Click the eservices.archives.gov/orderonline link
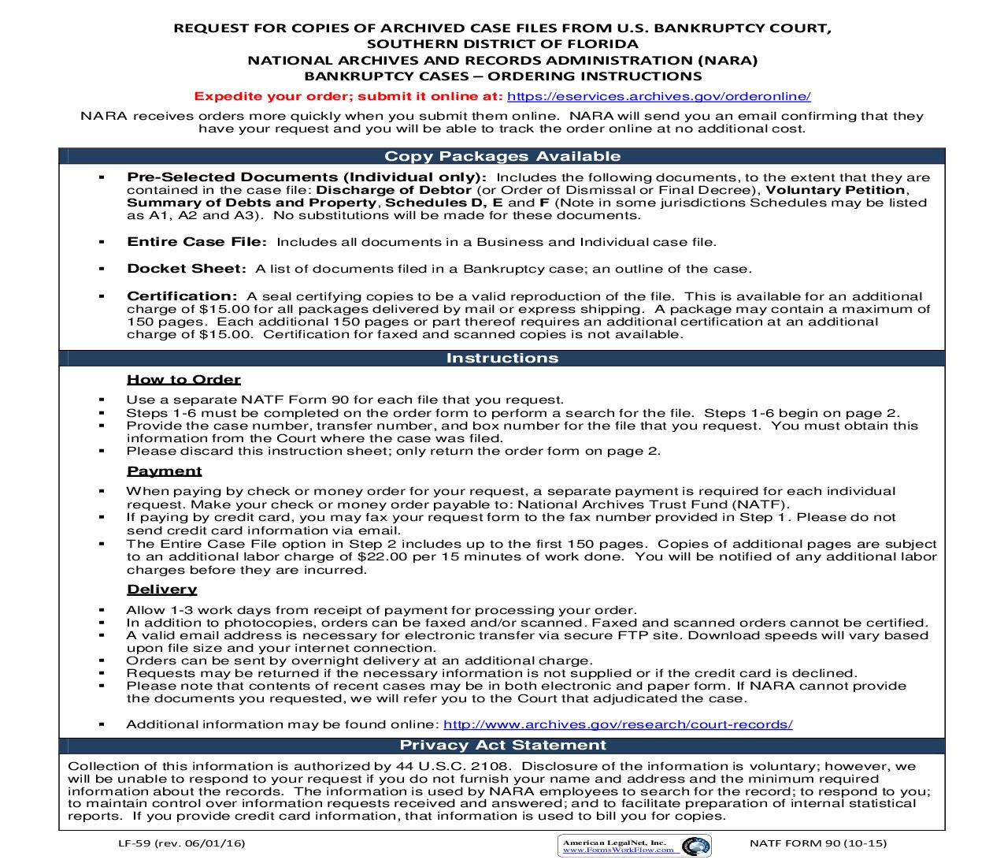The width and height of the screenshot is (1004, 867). [x=658, y=96]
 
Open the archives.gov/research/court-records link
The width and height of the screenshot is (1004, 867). [x=617, y=724]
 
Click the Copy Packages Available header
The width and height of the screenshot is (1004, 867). [x=502, y=157]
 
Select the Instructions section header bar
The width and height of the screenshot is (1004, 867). [x=502, y=358]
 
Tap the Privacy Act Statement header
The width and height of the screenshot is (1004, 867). [x=502, y=745]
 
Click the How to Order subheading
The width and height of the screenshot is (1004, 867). [x=183, y=379]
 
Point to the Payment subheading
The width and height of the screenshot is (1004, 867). [x=165, y=471]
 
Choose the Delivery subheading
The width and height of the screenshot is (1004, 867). [x=161, y=589]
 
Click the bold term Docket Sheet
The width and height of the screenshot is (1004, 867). [x=186, y=269]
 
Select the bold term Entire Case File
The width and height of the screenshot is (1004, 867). [x=196, y=242]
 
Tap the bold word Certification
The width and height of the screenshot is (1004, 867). [x=182, y=296]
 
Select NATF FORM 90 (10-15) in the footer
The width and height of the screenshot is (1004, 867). [x=819, y=843]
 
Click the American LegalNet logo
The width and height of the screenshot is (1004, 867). [x=634, y=846]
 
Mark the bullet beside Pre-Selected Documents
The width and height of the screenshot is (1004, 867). [x=102, y=177]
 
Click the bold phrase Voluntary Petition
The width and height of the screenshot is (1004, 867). [x=836, y=190]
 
